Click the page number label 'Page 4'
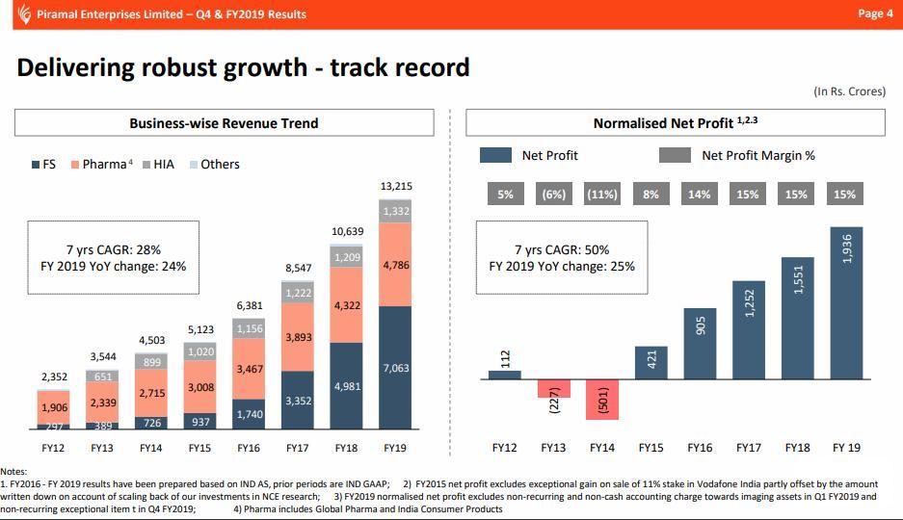[x=874, y=13]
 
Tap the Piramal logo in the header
[x=23, y=13]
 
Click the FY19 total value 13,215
[x=396, y=186]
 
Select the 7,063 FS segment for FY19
[x=396, y=368]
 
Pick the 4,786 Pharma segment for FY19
[x=396, y=264]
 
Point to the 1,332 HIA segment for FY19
[x=396, y=211]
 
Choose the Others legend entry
[x=213, y=165]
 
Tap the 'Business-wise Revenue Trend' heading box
[x=224, y=123]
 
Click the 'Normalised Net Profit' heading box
[x=675, y=123]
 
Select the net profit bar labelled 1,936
[x=846, y=302]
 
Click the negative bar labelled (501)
[x=602, y=400]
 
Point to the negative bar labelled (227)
[x=553, y=388]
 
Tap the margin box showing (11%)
[x=602, y=195]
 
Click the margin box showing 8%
[x=651, y=195]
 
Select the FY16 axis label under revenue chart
[x=250, y=448]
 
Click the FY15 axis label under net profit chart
[x=651, y=448]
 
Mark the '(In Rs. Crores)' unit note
[x=849, y=91]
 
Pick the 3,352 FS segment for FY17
[x=299, y=400]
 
